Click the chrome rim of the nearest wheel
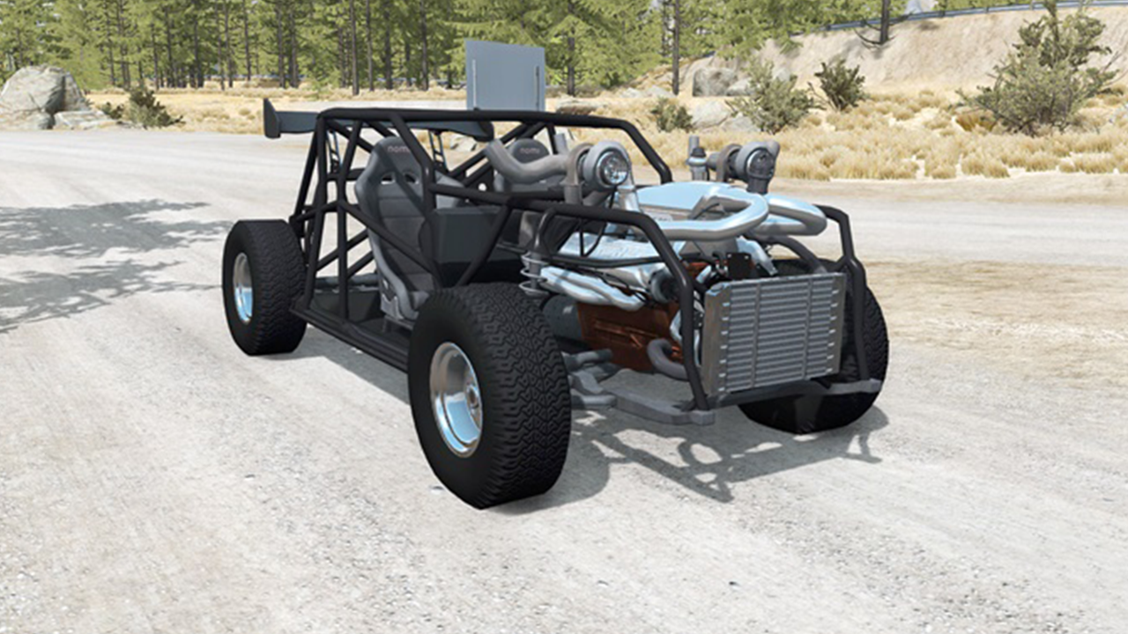(456, 398)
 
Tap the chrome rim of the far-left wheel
(242, 288)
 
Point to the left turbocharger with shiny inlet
(606, 166)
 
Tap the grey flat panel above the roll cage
(505, 76)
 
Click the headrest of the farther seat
(529, 151)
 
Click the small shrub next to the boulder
(145, 108)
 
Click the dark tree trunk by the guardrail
(885, 22)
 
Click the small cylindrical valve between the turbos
(696, 158)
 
